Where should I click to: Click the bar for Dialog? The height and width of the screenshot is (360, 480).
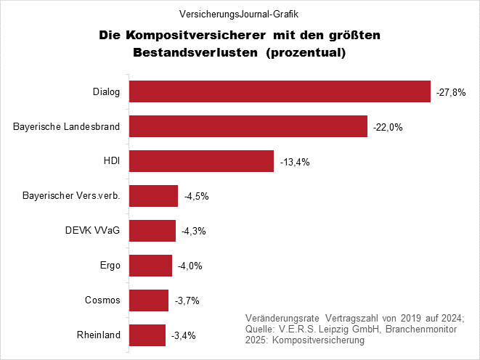tap(280, 91)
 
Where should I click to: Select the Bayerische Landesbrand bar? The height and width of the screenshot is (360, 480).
tap(248, 126)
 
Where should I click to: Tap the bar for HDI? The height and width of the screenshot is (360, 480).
tap(201, 161)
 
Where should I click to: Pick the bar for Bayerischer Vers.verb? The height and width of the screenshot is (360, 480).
tap(153, 196)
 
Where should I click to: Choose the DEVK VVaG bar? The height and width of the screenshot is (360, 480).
tap(152, 231)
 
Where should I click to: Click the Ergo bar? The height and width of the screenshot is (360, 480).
tap(150, 266)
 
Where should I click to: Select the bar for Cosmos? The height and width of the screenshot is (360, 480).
tap(149, 300)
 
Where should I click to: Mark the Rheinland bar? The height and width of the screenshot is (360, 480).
tap(147, 335)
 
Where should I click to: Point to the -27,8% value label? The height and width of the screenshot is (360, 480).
tap(450, 93)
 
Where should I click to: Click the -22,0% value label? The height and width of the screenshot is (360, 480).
tap(388, 128)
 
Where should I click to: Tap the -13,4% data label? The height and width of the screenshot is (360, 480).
tap(295, 163)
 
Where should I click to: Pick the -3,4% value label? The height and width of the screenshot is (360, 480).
tap(183, 336)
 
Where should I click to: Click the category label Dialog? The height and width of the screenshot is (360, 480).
tap(106, 92)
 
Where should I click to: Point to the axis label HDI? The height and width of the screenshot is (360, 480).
tap(112, 161)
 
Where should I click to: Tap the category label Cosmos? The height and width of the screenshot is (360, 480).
tap(104, 300)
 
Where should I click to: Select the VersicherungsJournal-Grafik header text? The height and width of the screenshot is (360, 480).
tap(240, 13)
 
